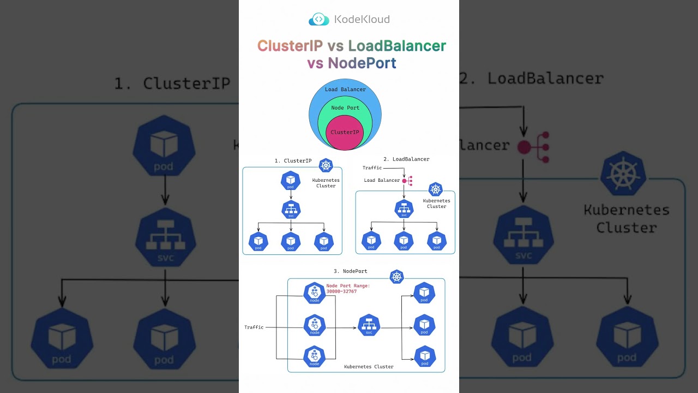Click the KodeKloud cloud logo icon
pos(319,20)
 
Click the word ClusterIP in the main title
pos(290,46)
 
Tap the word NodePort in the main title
pos(362,63)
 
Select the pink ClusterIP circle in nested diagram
pos(345,133)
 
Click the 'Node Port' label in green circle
pos(345,108)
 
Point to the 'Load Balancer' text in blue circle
pos(345,90)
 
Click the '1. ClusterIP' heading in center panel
pos(293,161)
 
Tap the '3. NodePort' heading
pos(350,271)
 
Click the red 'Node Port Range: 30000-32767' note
pos(348,289)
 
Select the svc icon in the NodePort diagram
pos(369,325)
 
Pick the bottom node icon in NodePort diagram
pos(315,357)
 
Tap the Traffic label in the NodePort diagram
pos(254,327)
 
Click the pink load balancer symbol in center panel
pos(407,181)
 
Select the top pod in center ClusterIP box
pos(291,181)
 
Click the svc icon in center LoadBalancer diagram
pos(404,209)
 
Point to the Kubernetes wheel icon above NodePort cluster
pos(396,277)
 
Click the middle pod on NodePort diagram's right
pos(424,325)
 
